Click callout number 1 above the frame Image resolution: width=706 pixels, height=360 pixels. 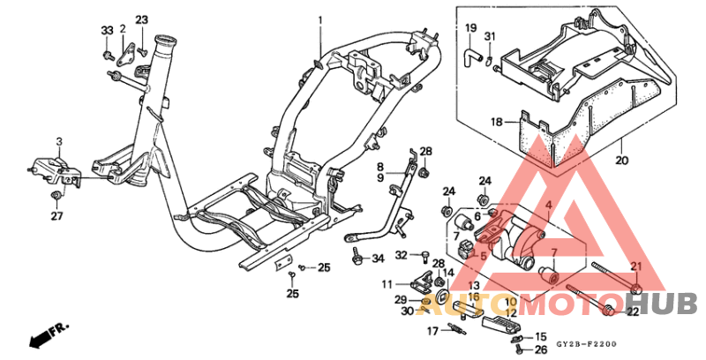[x=321, y=20]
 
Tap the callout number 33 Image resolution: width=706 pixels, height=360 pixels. [x=107, y=31]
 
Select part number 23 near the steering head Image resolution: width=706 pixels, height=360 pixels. [x=141, y=20]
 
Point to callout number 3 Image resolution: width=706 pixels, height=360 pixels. [x=59, y=141]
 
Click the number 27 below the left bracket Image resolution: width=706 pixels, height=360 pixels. [x=56, y=215]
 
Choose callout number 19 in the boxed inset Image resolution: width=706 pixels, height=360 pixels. [x=469, y=28]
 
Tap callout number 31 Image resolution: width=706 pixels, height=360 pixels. [x=491, y=36]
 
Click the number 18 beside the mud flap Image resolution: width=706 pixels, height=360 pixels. [x=496, y=122]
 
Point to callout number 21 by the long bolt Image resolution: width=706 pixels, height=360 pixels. [x=636, y=266]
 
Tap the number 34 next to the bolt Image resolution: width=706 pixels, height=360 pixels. [x=378, y=259]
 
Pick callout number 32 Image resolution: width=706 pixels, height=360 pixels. [x=401, y=255]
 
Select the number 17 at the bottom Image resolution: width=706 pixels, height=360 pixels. [x=433, y=331]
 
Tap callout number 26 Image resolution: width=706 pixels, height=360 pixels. [x=541, y=349]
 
